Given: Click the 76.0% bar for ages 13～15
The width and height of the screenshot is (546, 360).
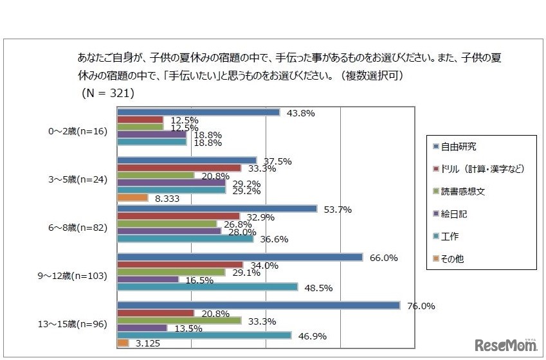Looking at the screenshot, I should click(258, 305).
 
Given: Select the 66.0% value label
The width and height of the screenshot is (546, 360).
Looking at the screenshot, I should click(385, 258).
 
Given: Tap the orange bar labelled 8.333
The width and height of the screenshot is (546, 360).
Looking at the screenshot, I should click(132, 198).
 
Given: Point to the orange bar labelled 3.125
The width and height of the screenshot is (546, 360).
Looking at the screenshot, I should click(123, 343).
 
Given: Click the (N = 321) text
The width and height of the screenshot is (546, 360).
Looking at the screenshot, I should click(108, 93).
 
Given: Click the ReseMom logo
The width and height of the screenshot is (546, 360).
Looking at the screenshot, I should click(506, 345).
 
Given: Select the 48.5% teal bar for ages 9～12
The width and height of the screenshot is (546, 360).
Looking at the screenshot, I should click(207, 287).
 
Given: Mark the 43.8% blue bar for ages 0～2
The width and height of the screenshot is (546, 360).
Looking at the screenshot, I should click(198, 113).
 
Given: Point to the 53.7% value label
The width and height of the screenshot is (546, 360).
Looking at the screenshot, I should click(338, 210).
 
